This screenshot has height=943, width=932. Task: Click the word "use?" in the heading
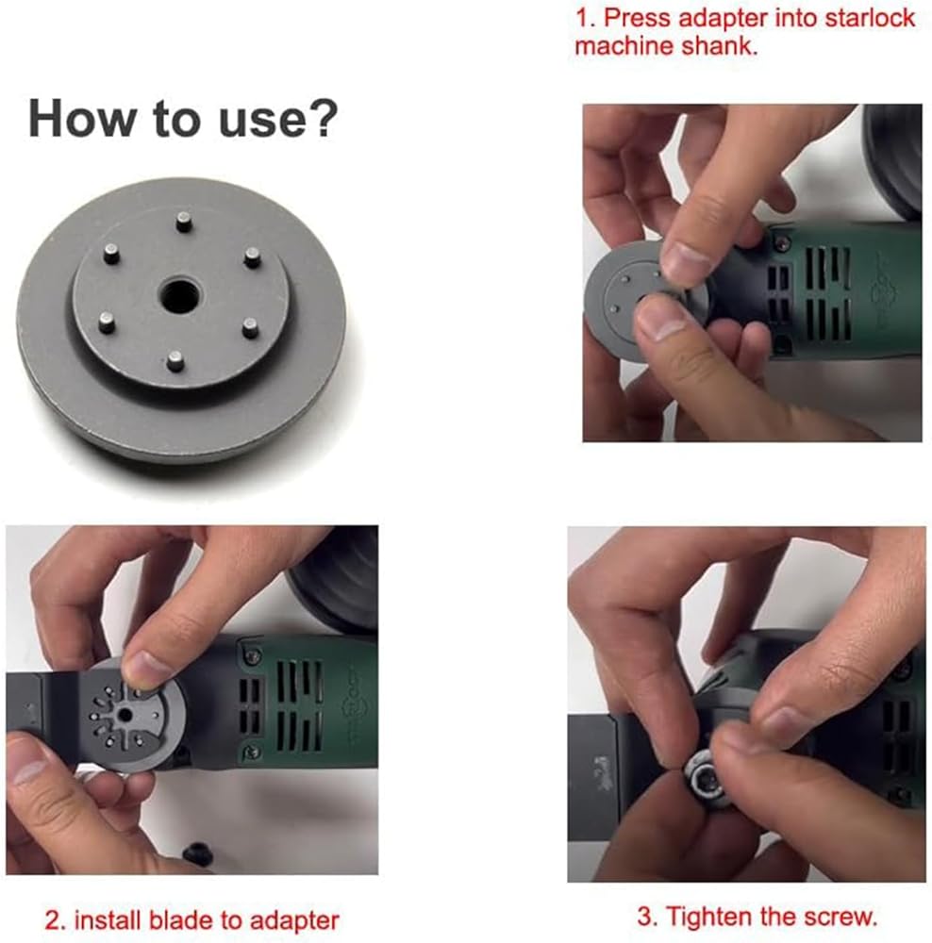click(278, 119)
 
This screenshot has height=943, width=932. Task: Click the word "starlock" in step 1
click(870, 18)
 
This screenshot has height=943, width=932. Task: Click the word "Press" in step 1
click(637, 18)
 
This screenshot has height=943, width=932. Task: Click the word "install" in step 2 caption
click(108, 920)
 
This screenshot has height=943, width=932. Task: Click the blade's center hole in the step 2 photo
click(125, 715)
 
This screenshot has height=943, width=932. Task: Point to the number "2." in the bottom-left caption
click(56, 920)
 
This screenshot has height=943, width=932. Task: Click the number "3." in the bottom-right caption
click(649, 918)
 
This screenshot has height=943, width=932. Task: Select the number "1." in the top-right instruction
click(586, 18)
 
